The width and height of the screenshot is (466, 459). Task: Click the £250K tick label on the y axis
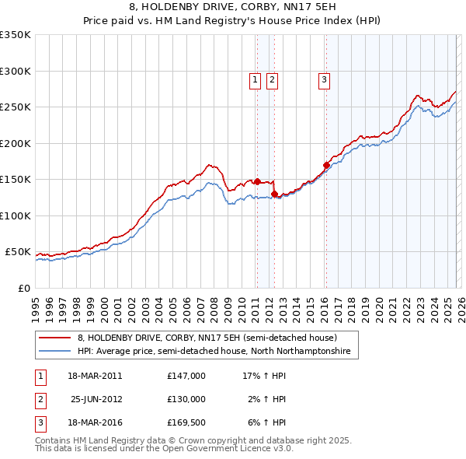coord(15,107)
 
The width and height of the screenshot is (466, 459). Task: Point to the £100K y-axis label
coord(15,215)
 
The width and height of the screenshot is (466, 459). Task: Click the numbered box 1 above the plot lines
coord(255,79)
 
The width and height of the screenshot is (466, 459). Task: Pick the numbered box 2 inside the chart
coord(273,79)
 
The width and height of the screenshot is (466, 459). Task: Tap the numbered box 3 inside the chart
coord(323,79)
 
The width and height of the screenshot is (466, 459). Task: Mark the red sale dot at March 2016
coord(326,165)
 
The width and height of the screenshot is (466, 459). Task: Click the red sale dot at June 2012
coord(274,194)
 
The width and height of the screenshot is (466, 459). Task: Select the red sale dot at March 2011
coord(257,181)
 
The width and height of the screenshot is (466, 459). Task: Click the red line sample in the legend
coord(55,338)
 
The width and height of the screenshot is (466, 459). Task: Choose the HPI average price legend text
coord(214,352)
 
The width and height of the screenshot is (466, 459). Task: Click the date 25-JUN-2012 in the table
coord(96,399)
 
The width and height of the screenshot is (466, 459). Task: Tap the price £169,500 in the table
coord(186,423)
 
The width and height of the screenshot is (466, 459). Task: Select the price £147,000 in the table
coord(186,375)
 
